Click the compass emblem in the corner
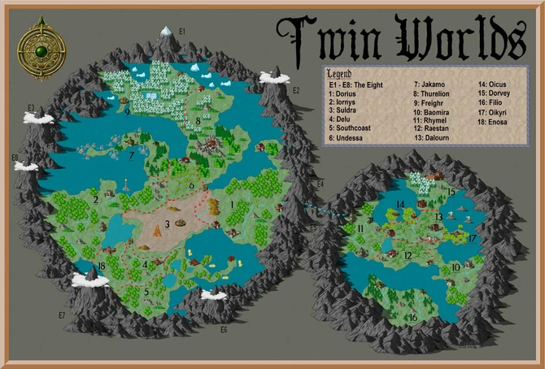click(37, 52)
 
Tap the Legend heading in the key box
click(339, 74)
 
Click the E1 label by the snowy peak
click(182, 31)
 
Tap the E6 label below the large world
click(224, 329)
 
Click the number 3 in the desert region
click(166, 224)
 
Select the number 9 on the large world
click(129, 112)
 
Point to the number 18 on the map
click(101, 266)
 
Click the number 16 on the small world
click(413, 317)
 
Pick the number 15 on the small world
click(451, 193)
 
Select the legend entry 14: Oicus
click(499, 84)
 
